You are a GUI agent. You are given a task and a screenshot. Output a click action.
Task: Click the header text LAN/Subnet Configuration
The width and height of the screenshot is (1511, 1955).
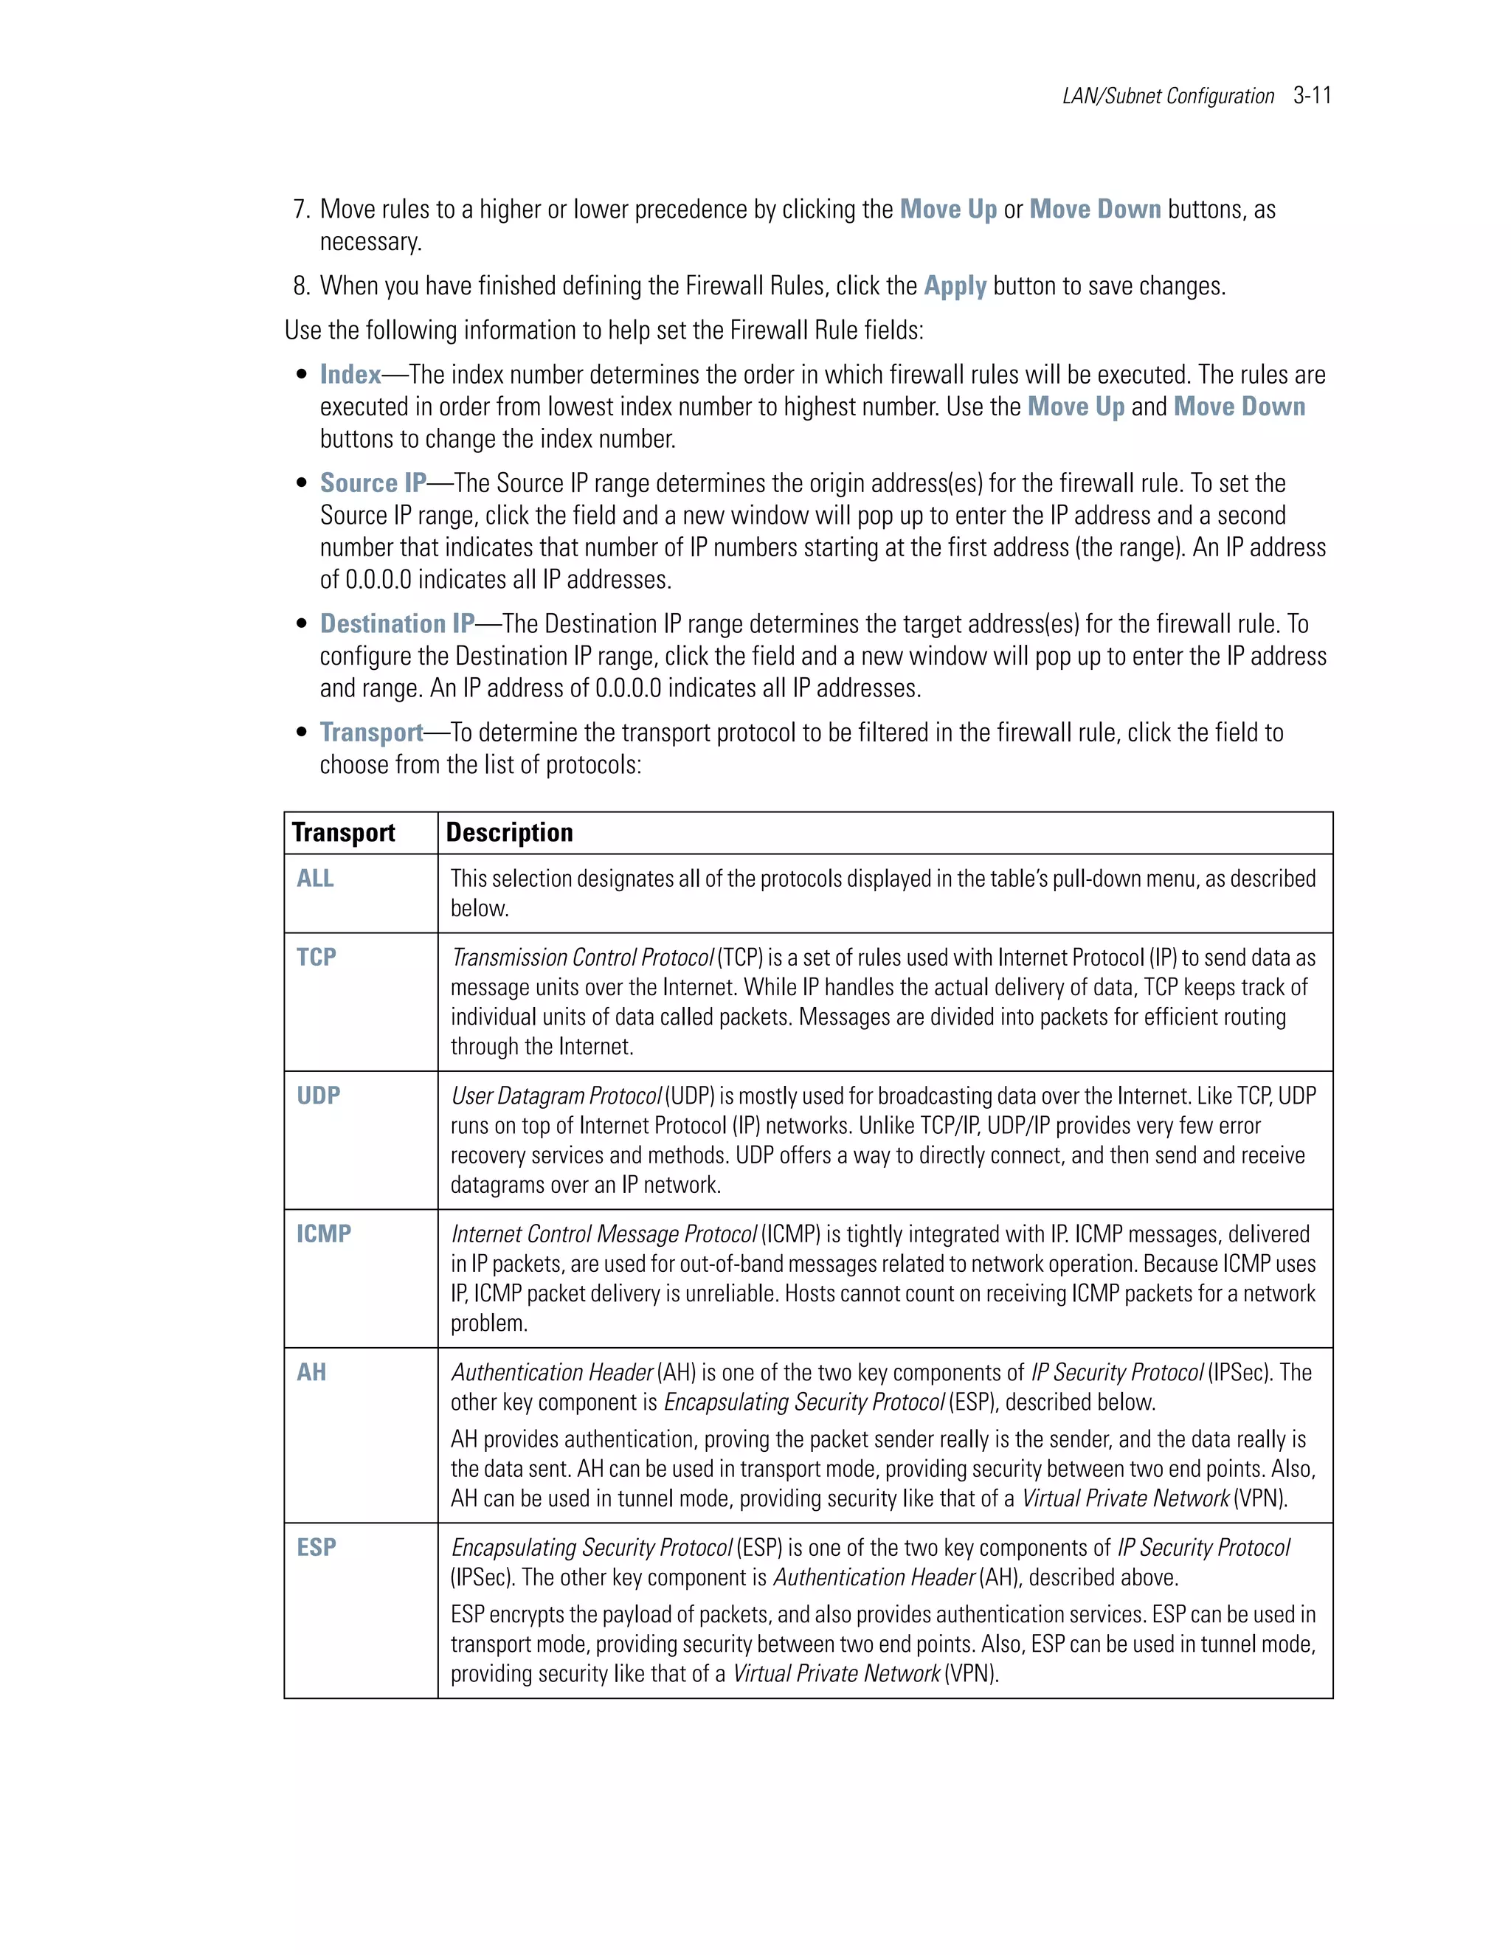point(1167,97)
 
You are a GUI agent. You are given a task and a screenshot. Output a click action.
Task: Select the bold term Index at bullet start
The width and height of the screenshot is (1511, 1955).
point(350,375)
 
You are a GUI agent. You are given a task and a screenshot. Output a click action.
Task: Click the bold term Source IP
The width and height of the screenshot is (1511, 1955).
point(373,483)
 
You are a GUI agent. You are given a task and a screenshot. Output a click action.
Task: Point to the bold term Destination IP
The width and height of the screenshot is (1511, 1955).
point(396,624)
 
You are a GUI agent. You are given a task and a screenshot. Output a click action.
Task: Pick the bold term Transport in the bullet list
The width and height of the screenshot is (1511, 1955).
point(370,733)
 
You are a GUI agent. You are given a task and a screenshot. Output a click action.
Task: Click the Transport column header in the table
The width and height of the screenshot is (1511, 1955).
point(343,832)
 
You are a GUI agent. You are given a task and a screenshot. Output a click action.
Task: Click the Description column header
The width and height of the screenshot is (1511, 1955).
point(508,832)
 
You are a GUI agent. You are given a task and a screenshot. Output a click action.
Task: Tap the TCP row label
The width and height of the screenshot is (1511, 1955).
point(316,957)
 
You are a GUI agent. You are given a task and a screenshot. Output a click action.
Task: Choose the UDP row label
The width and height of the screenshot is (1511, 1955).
point(318,1096)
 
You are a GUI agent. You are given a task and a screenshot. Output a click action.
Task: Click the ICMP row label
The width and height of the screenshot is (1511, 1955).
point(323,1233)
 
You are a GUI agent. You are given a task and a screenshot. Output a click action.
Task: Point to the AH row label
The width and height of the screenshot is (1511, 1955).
point(311,1372)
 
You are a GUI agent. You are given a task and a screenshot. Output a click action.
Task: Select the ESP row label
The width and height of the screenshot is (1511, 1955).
point(316,1547)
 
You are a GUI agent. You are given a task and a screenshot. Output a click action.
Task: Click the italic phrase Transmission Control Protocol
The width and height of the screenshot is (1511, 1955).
point(582,958)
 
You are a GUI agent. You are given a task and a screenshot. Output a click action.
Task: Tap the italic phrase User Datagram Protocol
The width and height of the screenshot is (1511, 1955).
point(555,1096)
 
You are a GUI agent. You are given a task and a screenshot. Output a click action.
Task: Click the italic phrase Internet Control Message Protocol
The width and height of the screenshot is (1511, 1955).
point(604,1234)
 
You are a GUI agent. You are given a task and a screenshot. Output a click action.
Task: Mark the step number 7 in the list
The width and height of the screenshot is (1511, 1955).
point(300,210)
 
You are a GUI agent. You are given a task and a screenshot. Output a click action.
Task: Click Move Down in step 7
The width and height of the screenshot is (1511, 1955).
point(1094,210)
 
